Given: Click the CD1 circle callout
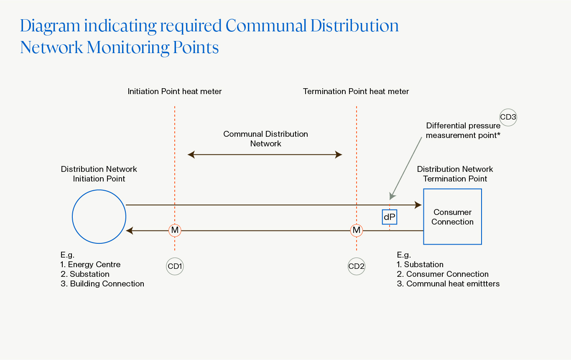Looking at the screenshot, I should (175, 266).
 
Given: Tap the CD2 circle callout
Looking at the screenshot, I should (357, 266).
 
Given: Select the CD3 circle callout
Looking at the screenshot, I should (508, 117).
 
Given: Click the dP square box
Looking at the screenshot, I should (390, 217).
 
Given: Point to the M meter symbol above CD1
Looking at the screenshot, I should (175, 230).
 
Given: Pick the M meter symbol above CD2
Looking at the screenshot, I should (357, 230).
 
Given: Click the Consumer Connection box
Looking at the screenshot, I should (452, 217).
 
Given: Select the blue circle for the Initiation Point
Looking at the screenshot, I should (99, 217).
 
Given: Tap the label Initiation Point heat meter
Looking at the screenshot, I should (175, 91).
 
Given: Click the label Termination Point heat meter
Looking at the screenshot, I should (356, 91).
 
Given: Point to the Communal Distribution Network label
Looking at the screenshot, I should (266, 139).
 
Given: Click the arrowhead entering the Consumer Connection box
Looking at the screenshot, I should (418, 205).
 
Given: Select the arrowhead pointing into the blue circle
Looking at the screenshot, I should (129, 230).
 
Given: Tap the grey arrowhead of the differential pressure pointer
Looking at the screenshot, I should (392, 196).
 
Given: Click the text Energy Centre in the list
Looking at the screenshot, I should (94, 265).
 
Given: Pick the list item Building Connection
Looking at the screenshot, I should (107, 284).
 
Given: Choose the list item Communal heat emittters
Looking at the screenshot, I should (453, 284).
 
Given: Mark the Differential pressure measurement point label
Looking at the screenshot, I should (463, 130).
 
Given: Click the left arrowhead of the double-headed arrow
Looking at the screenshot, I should (191, 155).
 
